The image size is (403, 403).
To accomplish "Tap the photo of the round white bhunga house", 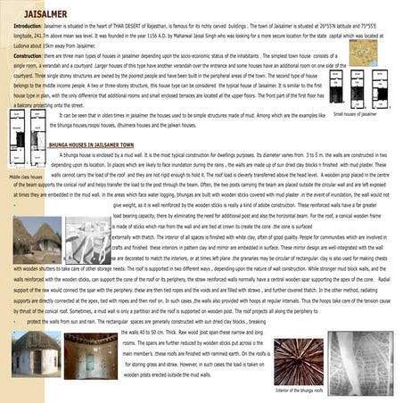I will point(35,352).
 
